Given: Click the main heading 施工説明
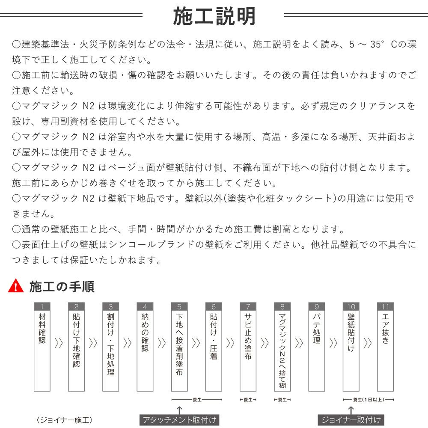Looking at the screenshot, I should click(x=214, y=16).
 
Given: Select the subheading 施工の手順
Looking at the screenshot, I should click(x=62, y=286).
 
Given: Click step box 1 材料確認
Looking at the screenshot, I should click(x=42, y=347).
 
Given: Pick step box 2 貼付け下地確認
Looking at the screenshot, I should click(x=76, y=347).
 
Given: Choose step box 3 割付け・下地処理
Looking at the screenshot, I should click(x=111, y=347).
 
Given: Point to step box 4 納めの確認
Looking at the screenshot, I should click(x=145, y=347).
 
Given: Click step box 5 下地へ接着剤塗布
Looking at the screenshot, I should click(x=179, y=347).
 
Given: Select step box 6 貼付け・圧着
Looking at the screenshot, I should click(x=214, y=347).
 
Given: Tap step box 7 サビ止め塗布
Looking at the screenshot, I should click(x=248, y=347).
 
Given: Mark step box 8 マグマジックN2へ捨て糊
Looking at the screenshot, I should click(x=282, y=347).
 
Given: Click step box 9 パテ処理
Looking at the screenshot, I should click(x=317, y=347).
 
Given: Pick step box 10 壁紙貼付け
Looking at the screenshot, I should click(x=351, y=347).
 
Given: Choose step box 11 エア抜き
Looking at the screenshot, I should click(x=385, y=347).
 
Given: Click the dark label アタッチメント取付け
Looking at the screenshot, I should click(x=179, y=419).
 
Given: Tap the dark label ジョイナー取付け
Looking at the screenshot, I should click(x=351, y=419).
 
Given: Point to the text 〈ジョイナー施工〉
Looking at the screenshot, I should click(x=65, y=419).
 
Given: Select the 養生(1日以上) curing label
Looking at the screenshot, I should click(x=368, y=400).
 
